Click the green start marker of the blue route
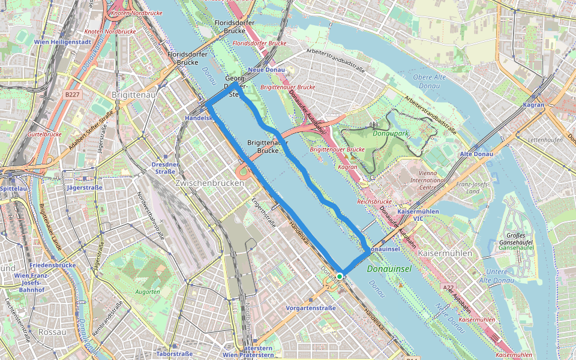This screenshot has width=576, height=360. click(340, 276)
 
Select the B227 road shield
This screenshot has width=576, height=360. click(72, 94)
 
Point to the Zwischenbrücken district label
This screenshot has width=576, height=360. click(209, 182)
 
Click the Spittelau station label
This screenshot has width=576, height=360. click(14, 188)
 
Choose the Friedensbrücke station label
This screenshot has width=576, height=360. click(52, 265)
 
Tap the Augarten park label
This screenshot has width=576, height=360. click(148, 292)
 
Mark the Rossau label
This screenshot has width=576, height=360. click(51, 331)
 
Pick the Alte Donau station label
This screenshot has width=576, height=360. click(476, 154)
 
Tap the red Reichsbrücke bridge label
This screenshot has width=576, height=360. click(374, 202)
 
